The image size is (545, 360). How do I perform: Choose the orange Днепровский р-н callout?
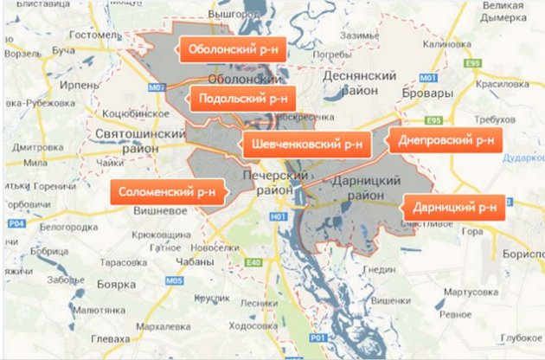click(446, 140)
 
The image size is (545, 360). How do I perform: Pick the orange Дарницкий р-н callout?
click(453, 208)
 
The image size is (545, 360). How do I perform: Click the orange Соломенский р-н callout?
click(167, 191)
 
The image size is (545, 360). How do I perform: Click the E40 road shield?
click(253, 262)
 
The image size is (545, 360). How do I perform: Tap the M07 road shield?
click(156, 87)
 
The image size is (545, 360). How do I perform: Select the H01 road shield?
click(277, 216)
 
